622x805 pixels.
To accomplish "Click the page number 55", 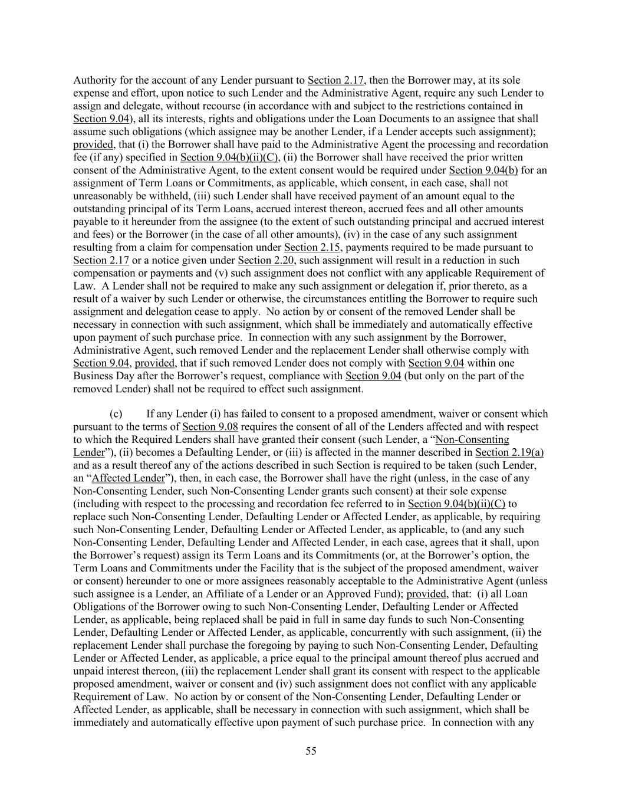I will point(311,751).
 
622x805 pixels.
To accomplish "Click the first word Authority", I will point(94,80).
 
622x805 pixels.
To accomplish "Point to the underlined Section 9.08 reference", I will point(210,427).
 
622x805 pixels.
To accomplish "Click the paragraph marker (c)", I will point(116,414).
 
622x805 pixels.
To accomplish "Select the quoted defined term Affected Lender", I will point(128,478).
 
